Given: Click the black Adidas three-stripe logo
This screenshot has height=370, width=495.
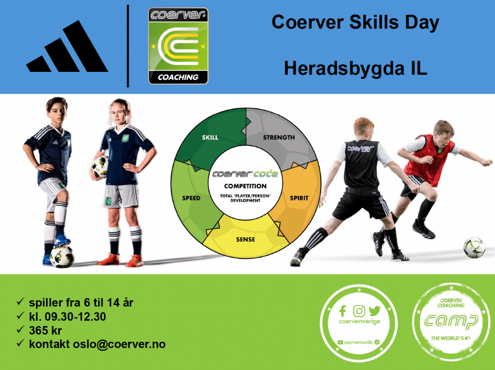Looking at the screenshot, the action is tap(67, 47).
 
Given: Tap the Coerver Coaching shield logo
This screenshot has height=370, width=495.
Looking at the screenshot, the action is tap(178, 46).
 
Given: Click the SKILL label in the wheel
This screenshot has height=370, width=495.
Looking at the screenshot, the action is tap(210, 137).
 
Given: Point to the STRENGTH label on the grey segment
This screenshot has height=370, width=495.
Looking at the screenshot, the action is tap(279, 137).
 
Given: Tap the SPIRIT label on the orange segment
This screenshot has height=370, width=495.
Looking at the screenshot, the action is tap(299, 198).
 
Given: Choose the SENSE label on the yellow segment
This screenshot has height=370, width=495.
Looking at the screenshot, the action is tap(246, 240).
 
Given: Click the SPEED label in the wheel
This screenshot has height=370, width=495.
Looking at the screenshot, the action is tap(191, 198).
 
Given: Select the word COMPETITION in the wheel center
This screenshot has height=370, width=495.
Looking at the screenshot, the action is tap(246, 186).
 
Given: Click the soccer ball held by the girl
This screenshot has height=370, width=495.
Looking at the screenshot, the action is tap(100, 166).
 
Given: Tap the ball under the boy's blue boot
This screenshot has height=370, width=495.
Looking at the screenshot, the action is tap(62, 256).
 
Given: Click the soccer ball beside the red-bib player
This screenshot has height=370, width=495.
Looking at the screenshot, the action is tap(475, 247).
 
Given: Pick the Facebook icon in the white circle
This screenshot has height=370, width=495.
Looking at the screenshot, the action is tap(343, 311).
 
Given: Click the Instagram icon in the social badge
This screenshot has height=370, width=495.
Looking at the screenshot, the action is tap(359, 311).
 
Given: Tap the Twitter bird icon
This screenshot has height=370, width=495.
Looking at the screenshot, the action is tap(374, 311).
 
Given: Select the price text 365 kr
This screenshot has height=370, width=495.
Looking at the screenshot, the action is tap(46, 330).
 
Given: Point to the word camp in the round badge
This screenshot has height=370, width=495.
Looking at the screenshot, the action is tap(451, 321).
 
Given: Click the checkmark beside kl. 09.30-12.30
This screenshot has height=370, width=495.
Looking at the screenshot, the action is tap(20, 315).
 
